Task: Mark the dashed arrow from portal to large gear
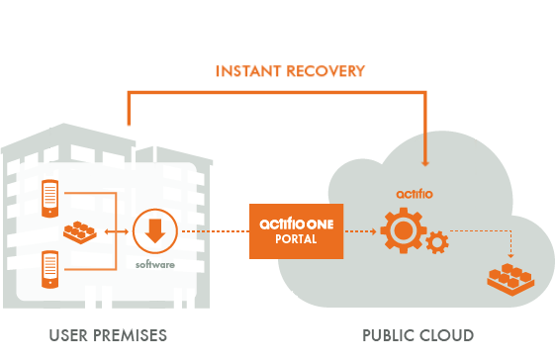point(361,232)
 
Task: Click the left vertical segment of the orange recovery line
point(128,108)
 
